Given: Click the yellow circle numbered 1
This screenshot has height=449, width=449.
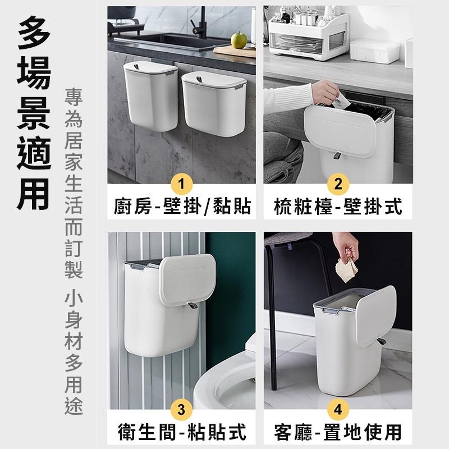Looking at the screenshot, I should (x=181, y=184).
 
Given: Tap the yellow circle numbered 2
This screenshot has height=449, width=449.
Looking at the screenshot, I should (x=338, y=184).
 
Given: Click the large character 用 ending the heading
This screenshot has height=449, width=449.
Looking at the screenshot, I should (x=34, y=191).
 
